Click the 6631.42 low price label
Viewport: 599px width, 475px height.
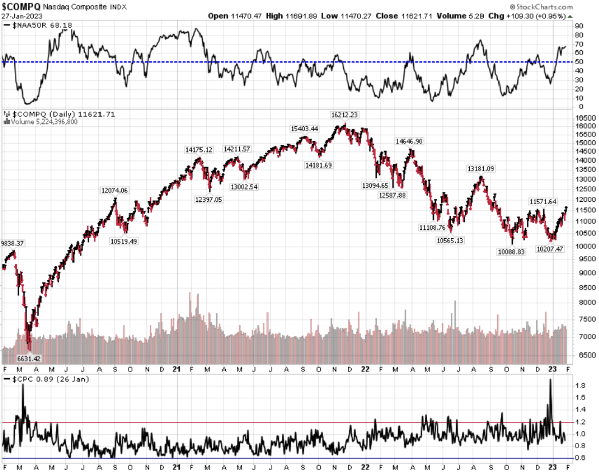coord(16,359)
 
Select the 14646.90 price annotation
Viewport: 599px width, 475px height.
coord(409,142)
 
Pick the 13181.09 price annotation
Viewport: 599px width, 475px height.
coord(481,169)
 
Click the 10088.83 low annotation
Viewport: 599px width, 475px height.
coord(511,251)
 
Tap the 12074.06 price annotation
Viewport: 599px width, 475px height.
coord(115,190)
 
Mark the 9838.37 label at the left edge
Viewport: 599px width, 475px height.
coord(12,243)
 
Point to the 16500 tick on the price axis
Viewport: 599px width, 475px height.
coord(583,116)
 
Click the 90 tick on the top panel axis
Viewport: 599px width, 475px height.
coord(579,26)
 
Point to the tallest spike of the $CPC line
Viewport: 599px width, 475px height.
coord(550,380)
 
